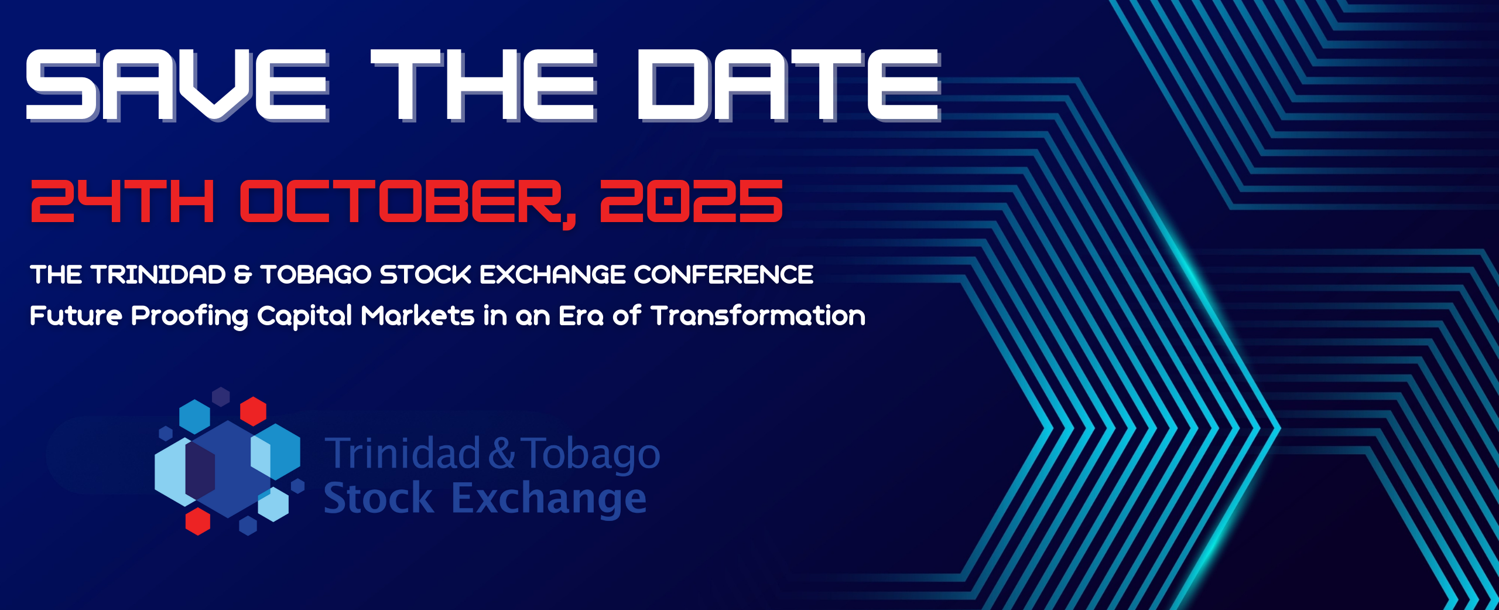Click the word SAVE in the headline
[177, 85]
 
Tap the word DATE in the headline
[789, 85]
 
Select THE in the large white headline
[484, 85]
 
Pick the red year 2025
[692, 201]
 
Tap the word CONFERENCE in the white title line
[724, 274]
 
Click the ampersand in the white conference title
[243, 274]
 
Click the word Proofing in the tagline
[190, 317]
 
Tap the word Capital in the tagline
[304, 317]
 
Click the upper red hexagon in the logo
[254, 411]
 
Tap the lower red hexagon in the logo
[198, 521]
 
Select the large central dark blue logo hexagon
[228, 469]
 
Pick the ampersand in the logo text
[501, 452]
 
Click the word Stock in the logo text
[379, 498]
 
